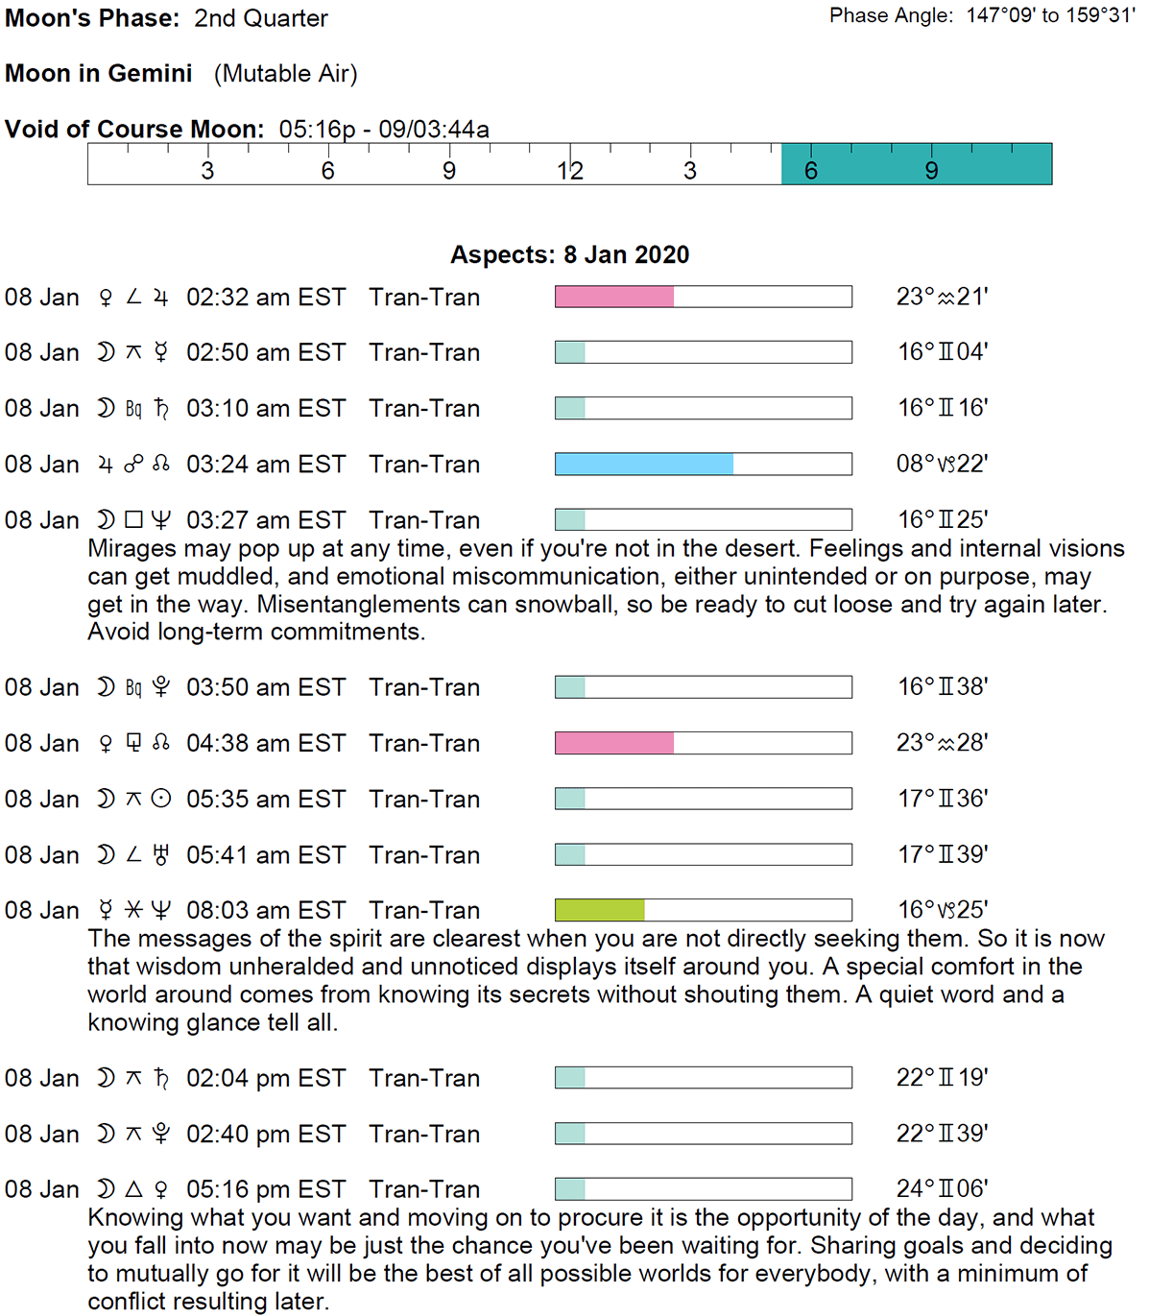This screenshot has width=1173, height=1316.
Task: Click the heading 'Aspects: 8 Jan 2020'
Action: point(569,254)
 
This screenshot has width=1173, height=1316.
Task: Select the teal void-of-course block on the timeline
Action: point(916,164)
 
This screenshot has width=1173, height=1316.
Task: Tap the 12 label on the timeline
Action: point(570,171)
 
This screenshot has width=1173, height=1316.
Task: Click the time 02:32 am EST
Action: point(266,298)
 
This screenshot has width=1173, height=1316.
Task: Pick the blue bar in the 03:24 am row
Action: point(643,465)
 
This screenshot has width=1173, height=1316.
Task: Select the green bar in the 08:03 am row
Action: point(599,910)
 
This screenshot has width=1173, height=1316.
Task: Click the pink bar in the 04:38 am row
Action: point(613,743)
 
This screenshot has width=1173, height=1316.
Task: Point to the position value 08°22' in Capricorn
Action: point(942,465)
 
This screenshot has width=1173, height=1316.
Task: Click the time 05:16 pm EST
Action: point(266,1189)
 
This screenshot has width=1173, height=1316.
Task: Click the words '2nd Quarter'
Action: point(261,18)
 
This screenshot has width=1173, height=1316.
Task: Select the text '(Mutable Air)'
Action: point(285,74)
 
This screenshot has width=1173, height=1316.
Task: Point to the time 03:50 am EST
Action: point(266,687)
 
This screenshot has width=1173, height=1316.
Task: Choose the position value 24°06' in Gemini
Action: point(942,1189)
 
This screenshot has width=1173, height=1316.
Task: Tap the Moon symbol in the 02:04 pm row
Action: point(106,1078)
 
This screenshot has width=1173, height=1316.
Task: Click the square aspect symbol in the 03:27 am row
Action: point(133,520)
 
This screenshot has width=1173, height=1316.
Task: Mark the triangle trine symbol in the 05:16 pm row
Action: point(133,1189)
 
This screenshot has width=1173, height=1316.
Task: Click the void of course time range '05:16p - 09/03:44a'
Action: point(384,130)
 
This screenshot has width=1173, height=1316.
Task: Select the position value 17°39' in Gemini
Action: point(942,854)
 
